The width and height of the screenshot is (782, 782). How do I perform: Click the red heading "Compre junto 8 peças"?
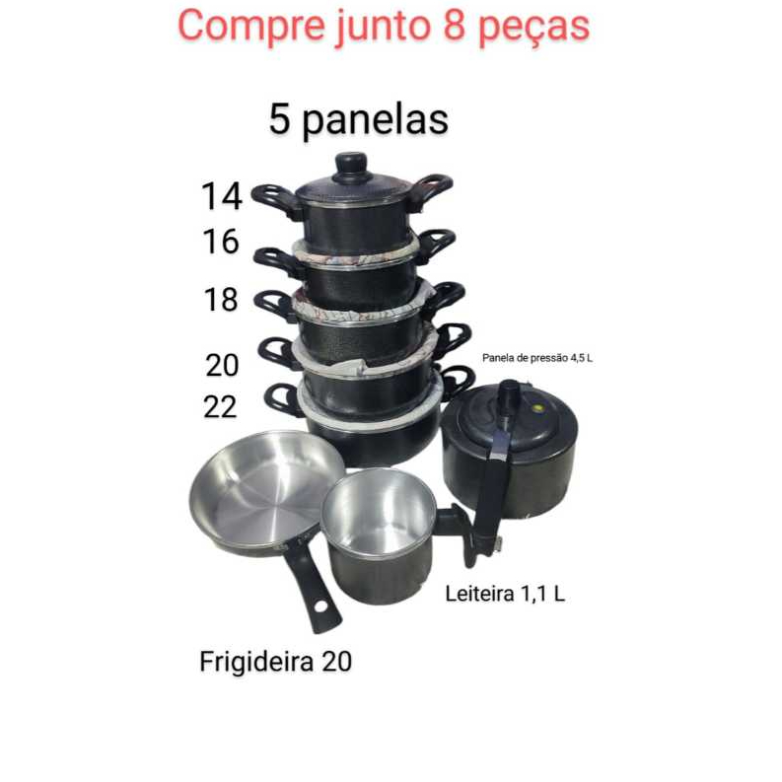point(384,27)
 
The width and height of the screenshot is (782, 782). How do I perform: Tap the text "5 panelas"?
point(358,119)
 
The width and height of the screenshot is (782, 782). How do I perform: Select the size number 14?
point(222,195)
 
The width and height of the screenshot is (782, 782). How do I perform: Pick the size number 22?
point(220,405)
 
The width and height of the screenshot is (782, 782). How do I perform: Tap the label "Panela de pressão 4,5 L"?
point(537,358)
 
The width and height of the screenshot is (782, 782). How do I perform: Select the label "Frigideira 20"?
point(275,662)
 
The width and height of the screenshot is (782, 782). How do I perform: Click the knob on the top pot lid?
point(351,163)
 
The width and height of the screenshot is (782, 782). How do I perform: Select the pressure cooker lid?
point(508,424)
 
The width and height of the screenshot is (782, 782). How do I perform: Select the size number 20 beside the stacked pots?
point(223,365)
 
